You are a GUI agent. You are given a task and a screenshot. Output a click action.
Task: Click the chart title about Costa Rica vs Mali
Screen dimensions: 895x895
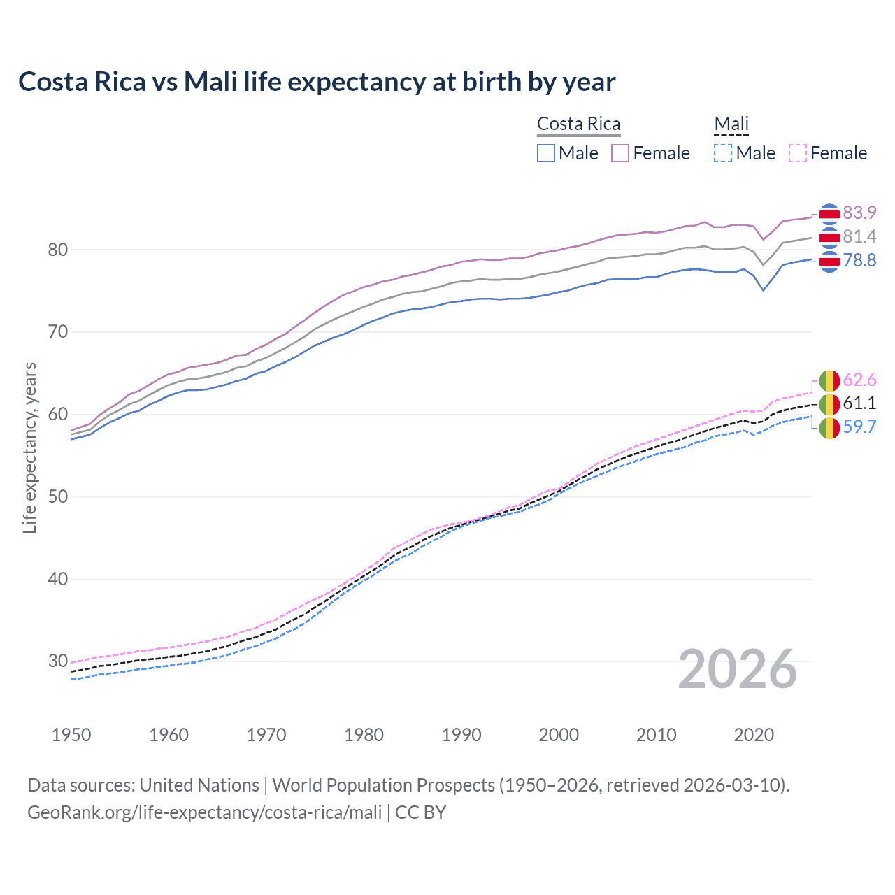317,82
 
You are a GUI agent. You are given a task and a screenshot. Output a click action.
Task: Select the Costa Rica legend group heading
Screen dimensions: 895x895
578,124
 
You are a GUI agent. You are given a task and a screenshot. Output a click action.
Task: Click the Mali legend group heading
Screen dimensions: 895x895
731,124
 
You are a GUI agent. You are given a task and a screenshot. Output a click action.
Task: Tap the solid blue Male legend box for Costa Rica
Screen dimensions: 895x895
546,153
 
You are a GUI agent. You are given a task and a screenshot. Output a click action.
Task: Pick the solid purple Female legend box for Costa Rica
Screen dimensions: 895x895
620,153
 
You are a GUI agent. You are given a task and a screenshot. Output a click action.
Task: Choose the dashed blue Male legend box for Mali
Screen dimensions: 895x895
723,153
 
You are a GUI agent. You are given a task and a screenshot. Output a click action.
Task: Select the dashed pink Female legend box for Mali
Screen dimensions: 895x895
797,153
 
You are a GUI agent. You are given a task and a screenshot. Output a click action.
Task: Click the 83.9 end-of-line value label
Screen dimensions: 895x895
859,213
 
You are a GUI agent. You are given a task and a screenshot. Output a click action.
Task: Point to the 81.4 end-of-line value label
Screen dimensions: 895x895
859,236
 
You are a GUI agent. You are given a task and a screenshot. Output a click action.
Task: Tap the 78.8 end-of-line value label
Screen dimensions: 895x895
859,260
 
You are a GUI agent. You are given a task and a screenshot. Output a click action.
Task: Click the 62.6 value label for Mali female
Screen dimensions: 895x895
859,380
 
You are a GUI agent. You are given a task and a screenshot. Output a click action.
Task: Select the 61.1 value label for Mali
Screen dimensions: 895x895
859,403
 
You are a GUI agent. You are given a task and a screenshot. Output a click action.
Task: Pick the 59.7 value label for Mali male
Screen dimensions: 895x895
859,427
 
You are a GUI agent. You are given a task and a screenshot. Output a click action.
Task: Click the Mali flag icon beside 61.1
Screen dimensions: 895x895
829,404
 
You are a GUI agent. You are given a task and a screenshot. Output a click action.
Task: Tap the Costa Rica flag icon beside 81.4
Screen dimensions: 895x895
829,238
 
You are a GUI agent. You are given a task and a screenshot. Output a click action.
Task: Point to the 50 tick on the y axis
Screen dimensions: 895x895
58,496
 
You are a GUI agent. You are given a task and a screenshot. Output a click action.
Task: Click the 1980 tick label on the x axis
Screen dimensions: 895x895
364,735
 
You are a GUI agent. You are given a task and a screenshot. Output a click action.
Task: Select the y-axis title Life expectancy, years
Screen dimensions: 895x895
29,447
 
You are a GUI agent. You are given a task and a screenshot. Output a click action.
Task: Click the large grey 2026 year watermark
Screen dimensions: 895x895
737,669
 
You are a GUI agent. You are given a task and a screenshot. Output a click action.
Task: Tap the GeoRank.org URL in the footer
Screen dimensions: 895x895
204,812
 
